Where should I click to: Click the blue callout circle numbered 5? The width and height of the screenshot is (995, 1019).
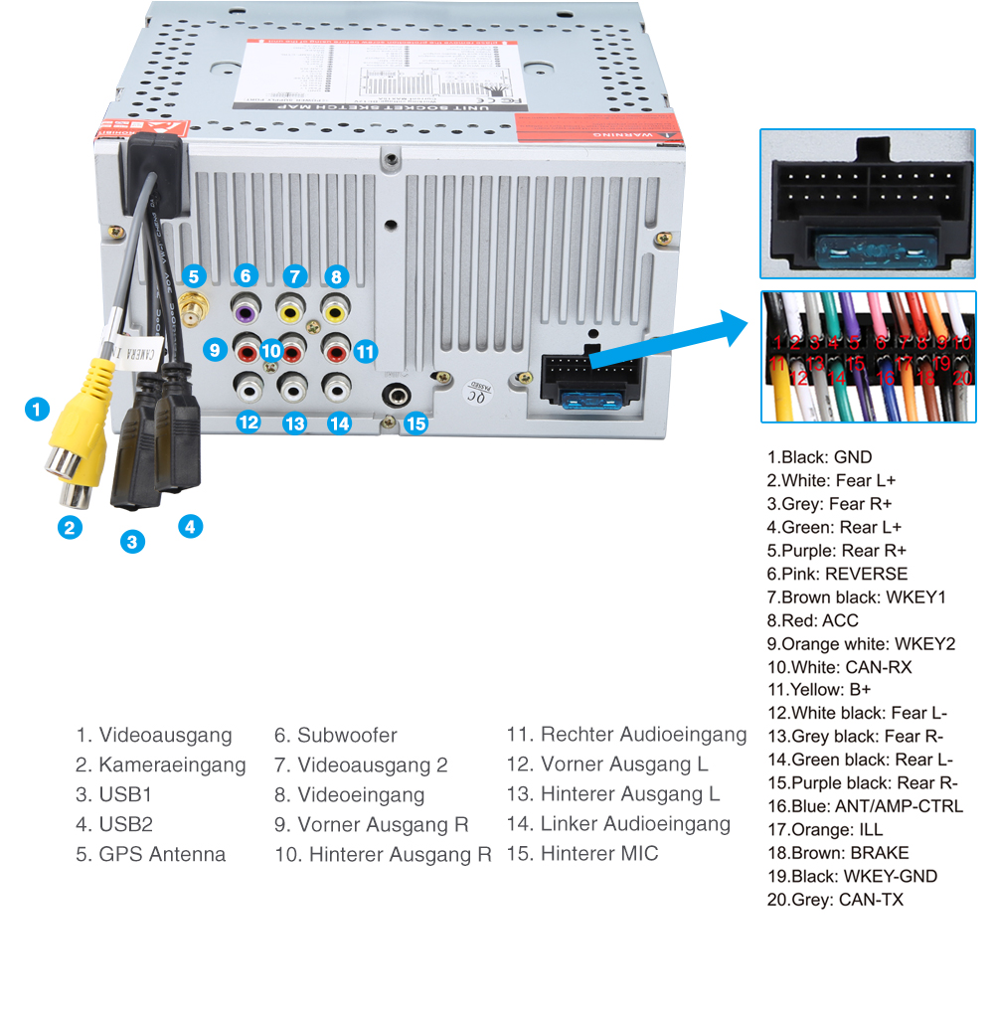click(194, 276)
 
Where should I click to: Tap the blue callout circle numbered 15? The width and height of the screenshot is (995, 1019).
click(415, 424)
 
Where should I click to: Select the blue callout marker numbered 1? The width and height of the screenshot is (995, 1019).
click(36, 409)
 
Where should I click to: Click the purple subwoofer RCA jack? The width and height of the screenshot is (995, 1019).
click(246, 311)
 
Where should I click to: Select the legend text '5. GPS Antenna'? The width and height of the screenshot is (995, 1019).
click(150, 854)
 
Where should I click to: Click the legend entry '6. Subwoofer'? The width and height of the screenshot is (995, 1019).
click(335, 736)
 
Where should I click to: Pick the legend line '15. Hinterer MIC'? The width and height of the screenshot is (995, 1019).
click(581, 854)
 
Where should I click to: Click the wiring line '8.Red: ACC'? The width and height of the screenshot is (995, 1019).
click(812, 620)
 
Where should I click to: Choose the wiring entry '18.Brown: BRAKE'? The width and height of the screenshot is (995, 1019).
click(837, 853)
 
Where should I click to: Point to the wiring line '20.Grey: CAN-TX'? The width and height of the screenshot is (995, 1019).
click(835, 900)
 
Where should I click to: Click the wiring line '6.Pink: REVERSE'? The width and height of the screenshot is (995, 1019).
click(837, 574)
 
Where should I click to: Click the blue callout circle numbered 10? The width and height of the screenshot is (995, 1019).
click(272, 350)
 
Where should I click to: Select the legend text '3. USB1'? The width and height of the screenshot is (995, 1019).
click(114, 795)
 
